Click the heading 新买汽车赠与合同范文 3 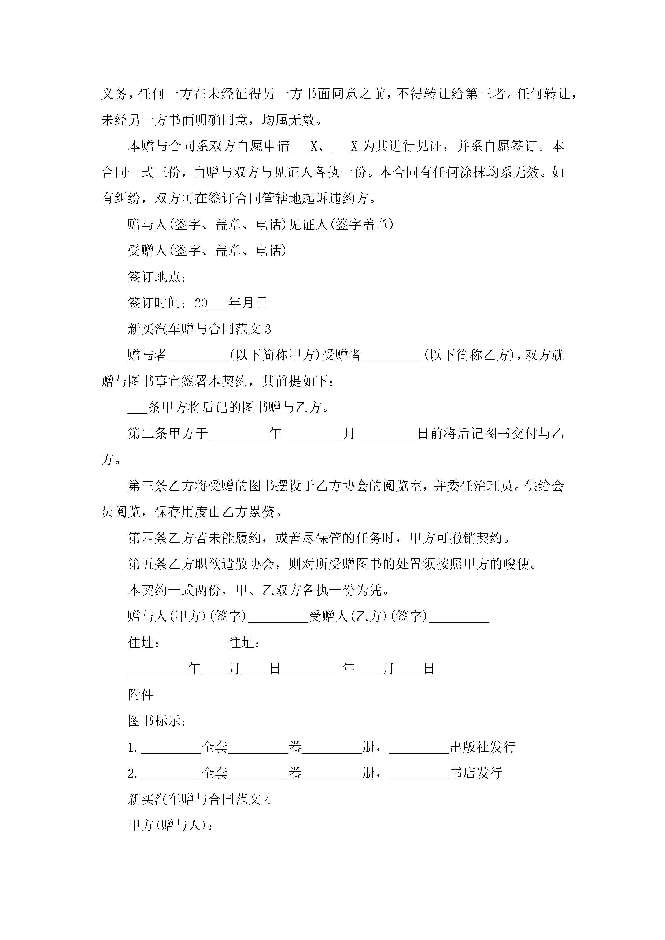click(x=199, y=329)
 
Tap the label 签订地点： click(x=157, y=277)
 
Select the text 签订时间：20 click(x=168, y=303)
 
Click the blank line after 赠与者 click(x=198, y=355)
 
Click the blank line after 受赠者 click(x=392, y=355)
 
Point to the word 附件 click(x=141, y=695)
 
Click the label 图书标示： click(x=157, y=721)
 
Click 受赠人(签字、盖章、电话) click(x=207, y=251)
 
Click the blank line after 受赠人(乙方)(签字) click(x=459, y=617)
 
